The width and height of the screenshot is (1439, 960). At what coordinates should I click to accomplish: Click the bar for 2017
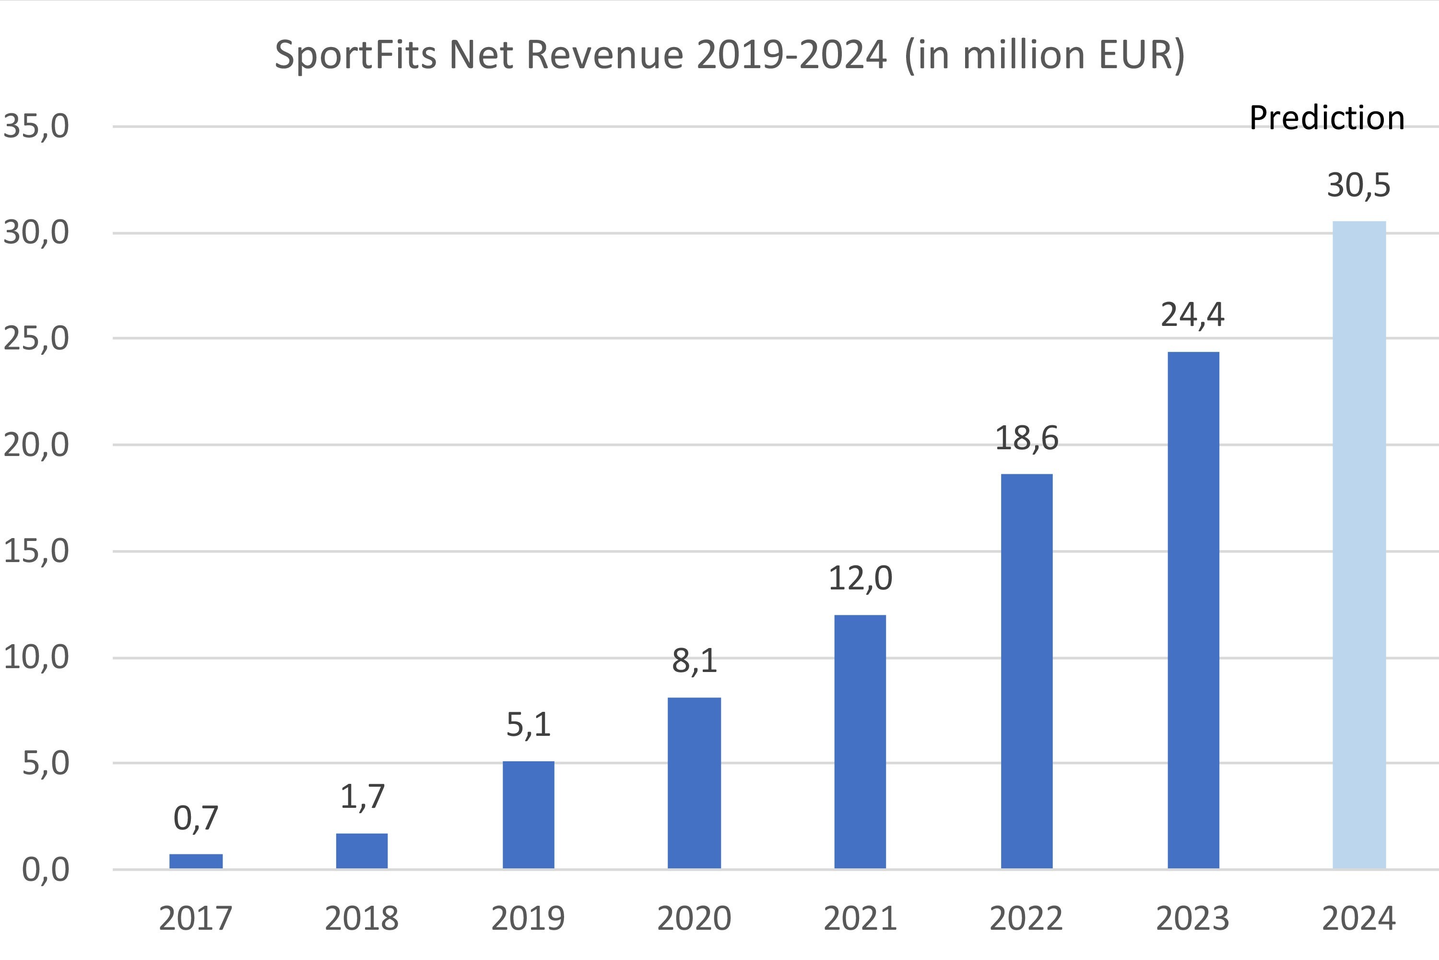coord(196,861)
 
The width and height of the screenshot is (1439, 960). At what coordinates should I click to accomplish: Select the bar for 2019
coord(529,814)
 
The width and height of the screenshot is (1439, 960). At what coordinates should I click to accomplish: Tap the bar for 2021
coord(860,742)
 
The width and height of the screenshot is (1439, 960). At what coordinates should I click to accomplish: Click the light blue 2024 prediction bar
coord(1359,545)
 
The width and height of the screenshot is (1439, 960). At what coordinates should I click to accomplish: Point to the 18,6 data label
coord(1026,438)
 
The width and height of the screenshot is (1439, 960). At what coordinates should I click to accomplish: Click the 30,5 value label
coord(1358,185)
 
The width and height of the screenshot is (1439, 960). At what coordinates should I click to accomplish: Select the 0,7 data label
coord(196,818)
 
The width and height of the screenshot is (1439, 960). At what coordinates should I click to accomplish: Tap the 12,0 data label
coord(860,578)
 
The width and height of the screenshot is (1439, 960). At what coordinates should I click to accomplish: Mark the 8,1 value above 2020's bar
coord(695,660)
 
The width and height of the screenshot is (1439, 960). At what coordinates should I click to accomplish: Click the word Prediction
coord(1326,118)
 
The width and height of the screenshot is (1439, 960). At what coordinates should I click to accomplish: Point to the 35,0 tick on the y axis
coord(36,126)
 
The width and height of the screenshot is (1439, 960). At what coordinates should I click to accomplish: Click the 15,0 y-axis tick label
coord(36,551)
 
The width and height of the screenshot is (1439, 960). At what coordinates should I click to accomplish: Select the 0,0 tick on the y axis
coord(45,869)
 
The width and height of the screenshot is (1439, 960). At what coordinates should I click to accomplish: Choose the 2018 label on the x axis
coord(362,918)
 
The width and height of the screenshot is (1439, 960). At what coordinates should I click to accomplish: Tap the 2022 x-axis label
coord(1026,918)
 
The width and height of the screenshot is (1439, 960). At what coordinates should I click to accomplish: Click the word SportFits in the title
coord(355,55)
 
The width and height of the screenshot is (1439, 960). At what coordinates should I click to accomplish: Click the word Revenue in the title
coord(604,55)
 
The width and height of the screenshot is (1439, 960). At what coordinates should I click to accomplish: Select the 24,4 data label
coord(1192,315)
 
